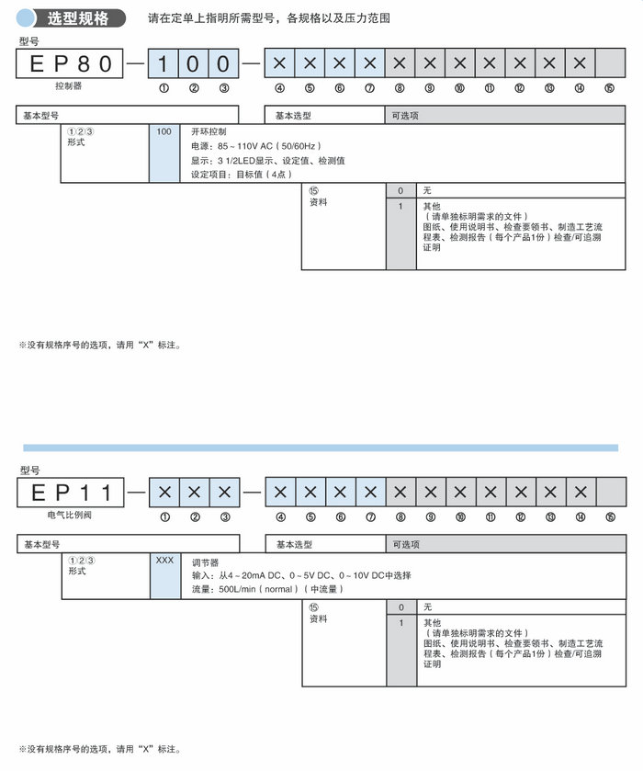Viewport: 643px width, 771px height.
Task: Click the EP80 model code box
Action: [x=70, y=63]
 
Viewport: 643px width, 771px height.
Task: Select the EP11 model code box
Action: [x=70, y=493]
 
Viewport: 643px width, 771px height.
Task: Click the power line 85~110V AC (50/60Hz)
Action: [x=258, y=146]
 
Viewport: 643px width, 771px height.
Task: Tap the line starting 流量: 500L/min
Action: [x=266, y=588]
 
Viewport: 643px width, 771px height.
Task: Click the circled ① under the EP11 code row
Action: [x=164, y=517]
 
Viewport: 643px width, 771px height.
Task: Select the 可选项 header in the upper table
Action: [x=406, y=115]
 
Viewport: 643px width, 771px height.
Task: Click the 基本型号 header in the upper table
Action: [x=40, y=115]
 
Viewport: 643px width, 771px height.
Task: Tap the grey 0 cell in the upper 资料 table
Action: [x=400, y=190]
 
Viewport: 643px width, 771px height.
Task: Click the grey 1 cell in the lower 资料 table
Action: [x=400, y=622]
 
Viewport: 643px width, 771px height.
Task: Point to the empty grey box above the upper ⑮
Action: [x=610, y=63]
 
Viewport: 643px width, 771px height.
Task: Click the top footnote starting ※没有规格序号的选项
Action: [x=100, y=346]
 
